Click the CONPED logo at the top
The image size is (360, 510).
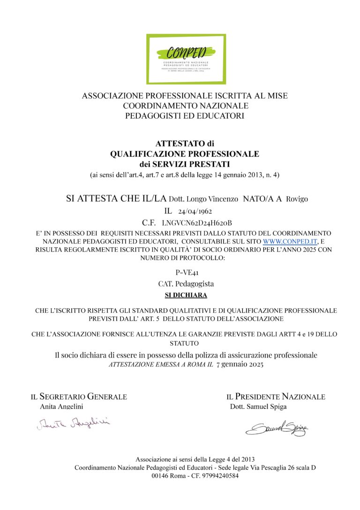coord(186,59)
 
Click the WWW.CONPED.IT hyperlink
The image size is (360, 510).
coord(291,241)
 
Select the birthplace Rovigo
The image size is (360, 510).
coord(297,199)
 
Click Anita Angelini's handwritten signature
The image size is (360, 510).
coord(73,424)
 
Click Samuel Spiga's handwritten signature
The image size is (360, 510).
coord(277,427)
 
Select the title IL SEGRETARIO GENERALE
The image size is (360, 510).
coord(79,397)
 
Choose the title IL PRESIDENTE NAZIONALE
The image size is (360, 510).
coord(276,397)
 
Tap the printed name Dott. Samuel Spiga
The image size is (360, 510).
coord(258,407)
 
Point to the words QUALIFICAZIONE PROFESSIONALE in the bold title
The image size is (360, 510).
coord(185,153)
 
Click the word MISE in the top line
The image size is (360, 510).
coord(277,96)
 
